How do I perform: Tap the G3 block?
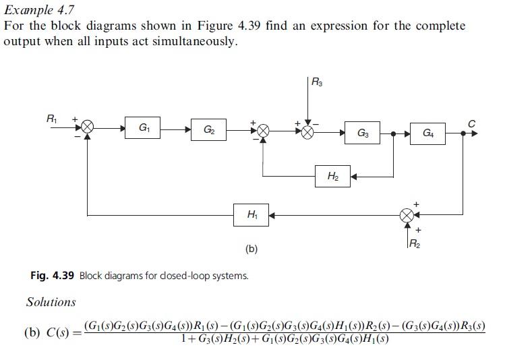(x=362, y=132)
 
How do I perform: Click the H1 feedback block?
(x=252, y=215)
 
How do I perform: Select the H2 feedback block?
(x=333, y=177)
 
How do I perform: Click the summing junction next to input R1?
(x=88, y=127)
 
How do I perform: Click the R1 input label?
(x=51, y=119)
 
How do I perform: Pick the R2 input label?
(x=415, y=243)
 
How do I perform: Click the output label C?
(x=471, y=123)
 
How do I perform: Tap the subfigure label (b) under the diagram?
(x=252, y=249)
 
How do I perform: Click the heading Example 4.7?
(x=39, y=9)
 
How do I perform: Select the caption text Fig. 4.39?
(x=53, y=275)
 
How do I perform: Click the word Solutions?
(x=51, y=302)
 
